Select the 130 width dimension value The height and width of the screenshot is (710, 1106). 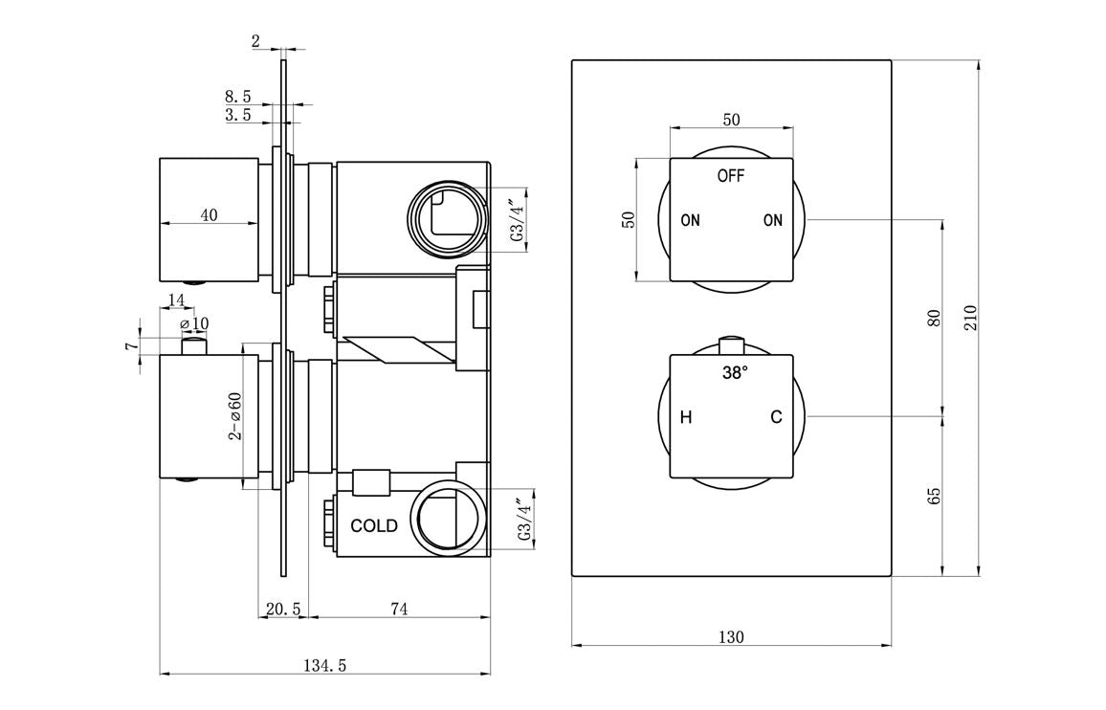[731, 636]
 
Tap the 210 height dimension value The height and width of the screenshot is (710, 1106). [970, 317]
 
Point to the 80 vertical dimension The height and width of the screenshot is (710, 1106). [935, 317]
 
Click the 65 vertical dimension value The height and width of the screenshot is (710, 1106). [935, 496]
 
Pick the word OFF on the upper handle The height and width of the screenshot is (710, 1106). [731, 176]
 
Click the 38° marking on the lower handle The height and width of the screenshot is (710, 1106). [734, 374]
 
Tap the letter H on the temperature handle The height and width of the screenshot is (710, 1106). [685, 417]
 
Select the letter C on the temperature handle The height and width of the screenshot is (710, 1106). [776, 417]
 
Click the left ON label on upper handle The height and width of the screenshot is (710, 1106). [690, 221]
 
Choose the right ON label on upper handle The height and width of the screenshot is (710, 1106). [773, 221]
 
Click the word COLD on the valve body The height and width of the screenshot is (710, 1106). [374, 526]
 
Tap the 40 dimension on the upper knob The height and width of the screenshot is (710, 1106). [209, 215]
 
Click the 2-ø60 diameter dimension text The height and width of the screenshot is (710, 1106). [234, 416]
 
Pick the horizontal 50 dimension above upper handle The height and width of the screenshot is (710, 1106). [731, 120]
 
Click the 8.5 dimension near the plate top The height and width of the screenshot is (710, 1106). [238, 97]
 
